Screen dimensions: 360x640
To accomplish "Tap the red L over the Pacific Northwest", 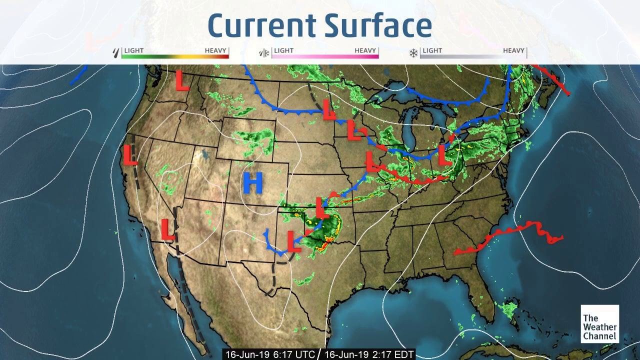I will click(182, 80).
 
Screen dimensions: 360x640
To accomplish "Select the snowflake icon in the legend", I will click(414, 52).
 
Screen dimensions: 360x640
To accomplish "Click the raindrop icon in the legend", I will click(117, 52).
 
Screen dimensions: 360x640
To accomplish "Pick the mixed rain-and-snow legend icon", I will click(263, 52).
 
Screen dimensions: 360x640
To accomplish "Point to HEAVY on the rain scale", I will click(215, 50).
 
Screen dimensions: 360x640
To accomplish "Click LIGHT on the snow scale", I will click(432, 50).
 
